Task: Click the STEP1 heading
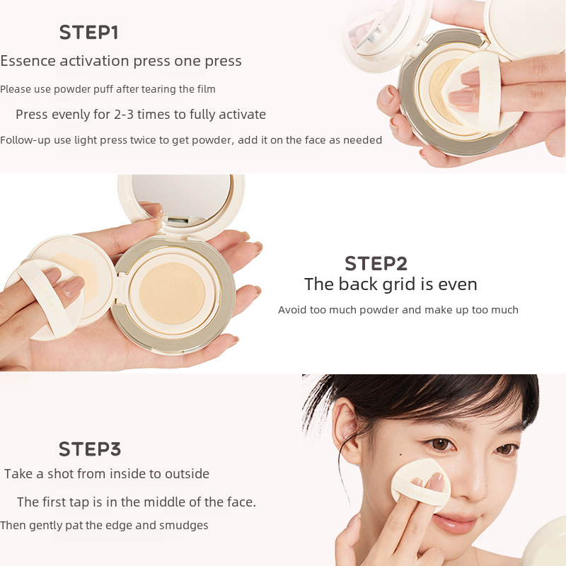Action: [89, 33]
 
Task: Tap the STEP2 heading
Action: [376, 263]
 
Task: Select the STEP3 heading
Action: [90, 449]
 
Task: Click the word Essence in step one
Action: [28, 61]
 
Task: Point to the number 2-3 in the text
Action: [124, 115]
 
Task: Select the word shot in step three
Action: [60, 473]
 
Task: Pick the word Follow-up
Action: [25, 140]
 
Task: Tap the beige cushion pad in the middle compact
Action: [172, 293]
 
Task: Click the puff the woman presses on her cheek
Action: [421, 485]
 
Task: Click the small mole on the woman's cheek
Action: [401, 454]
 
